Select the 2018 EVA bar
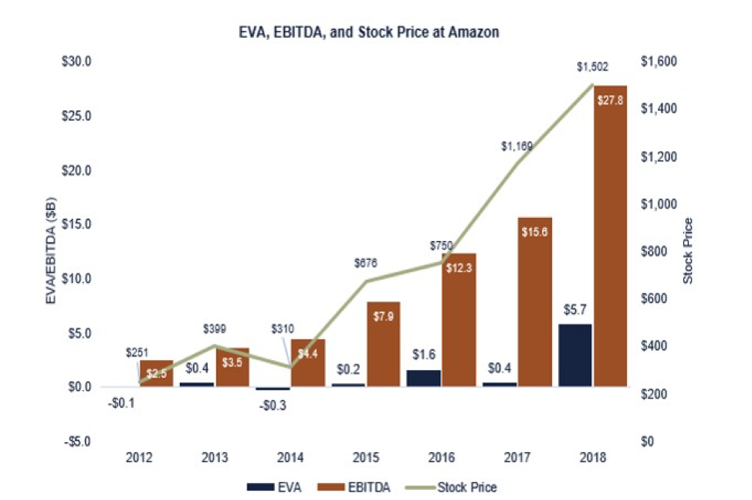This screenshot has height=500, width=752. pos(574,355)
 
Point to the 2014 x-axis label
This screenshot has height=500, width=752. pos(290,457)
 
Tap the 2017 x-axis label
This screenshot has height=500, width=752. pos(517,457)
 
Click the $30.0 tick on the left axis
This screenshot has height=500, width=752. pos(76,61)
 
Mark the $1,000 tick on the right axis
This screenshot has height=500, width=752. pos(657,204)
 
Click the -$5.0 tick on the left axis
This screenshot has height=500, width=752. pos(76,442)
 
